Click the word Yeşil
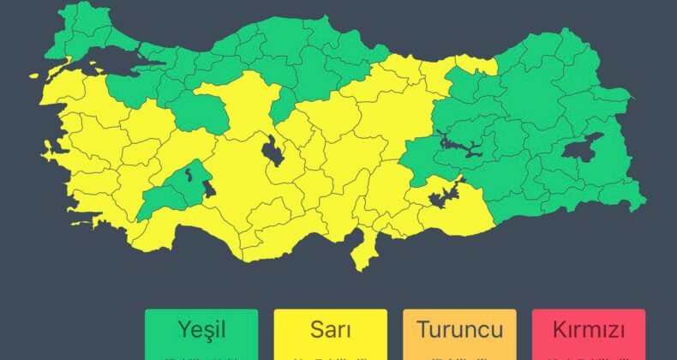pyautogui.click(x=201, y=329)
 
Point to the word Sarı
pyautogui.click(x=330, y=329)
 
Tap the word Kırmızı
pyautogui.click(x=588, y=329)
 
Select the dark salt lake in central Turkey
pyautogui.click(x=277, y=152)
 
